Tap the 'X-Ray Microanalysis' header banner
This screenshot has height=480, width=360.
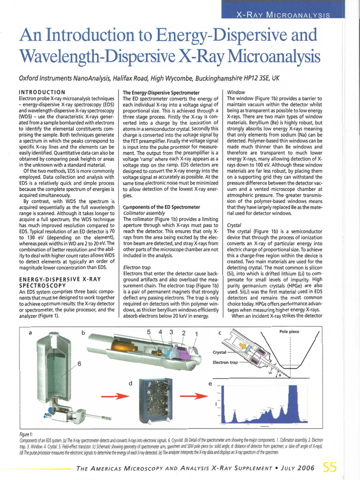coord(283,15)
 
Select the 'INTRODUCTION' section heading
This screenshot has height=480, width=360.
coord(41,92)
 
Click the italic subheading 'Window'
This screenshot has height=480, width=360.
coord(235,92)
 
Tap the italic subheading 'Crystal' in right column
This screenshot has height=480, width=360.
coord(234,225)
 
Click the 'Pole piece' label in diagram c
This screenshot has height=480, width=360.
coord(289,332)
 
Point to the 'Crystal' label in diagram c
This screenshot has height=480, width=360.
coord(220,352)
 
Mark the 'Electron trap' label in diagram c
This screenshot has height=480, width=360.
coord(225,362)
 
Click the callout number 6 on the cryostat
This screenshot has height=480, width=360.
coord(80,364)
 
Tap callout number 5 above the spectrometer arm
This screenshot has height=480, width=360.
coord(149,333)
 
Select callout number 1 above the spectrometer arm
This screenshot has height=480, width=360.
coord(197,334)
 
